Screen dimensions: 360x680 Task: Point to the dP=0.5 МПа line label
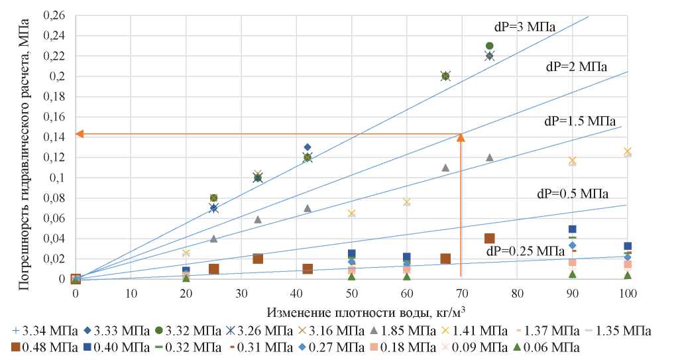(573, 194)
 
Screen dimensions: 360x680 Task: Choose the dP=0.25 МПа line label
(523, 251)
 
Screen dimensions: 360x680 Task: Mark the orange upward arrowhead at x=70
(461, 138)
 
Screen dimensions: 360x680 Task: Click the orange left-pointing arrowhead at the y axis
(80, 134)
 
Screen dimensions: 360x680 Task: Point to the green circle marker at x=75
(490, 46)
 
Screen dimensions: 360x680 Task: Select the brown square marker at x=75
(490, 239)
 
